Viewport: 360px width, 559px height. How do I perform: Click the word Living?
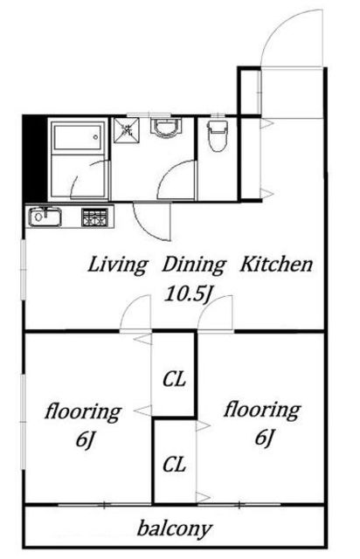click(x=117, y=266)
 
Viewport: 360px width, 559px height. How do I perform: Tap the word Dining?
click(x=194, y=266)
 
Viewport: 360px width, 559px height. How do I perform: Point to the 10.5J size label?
click(x=187, y=294)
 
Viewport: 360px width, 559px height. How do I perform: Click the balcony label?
click(x=175, y=529)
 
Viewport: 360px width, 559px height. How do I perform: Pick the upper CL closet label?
click(x=174, y=379)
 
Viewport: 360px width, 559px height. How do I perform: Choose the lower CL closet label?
click(x=174, y=465)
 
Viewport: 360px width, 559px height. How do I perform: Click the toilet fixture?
click(x=218, y=135)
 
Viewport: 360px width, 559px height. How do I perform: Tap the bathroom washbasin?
click(x=166, y=128)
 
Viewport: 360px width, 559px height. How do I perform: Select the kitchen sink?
click(x=45, y=217)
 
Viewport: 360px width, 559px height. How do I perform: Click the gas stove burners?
click(x=94, y=217)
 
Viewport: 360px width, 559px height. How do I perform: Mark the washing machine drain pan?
click(x=127, y=130)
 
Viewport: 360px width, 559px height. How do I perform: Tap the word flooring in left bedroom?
click(x=83, y=411)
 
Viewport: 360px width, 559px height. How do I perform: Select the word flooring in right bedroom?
click(x=262, y=410)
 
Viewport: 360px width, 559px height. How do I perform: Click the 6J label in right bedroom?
click(x=264, y=438)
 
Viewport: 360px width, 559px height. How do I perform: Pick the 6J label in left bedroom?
click(x=84, y=439)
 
